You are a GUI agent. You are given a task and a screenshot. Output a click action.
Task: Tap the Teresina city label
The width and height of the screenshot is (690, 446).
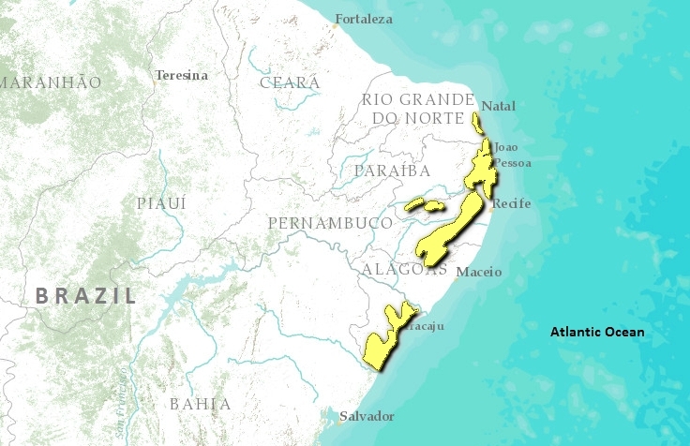point(182,75)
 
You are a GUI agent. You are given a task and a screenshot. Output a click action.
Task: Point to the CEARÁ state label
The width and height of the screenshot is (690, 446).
point(290,82)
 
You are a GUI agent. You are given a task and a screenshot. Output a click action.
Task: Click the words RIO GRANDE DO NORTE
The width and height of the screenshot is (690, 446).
point(418,108)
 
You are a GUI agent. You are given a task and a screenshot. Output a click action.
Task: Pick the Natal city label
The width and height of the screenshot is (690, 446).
point(498,106)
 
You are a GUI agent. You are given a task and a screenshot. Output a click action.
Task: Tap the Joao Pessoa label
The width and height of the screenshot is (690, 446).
point(512,155)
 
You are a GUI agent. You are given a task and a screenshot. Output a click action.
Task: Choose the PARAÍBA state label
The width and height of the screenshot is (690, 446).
point(393,171)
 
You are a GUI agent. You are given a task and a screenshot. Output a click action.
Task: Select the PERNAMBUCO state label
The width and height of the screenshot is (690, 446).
point(329,223)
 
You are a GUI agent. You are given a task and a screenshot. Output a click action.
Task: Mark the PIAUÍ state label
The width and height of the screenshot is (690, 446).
point(161,203)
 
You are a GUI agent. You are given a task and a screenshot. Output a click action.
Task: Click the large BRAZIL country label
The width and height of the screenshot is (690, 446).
point(85,296)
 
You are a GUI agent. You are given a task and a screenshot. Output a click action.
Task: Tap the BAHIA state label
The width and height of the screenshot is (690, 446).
point(200,404)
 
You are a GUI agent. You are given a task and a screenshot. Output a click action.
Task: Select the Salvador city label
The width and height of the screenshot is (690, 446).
point(367,416)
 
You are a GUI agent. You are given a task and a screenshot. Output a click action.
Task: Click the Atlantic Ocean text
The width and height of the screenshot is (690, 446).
point(596,332)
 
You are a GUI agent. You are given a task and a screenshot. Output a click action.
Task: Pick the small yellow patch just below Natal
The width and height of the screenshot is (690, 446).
point(477,123)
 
